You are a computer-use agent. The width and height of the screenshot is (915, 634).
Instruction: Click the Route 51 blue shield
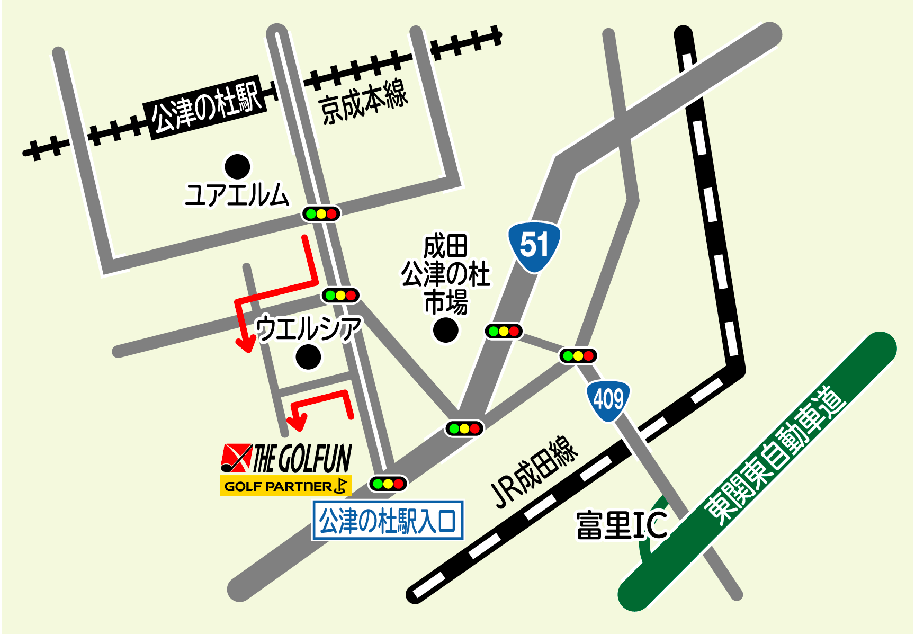[x=534, y=246]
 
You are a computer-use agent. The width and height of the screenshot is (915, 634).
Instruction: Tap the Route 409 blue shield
[x=608, y=400]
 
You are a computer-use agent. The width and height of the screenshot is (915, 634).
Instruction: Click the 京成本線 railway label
[x=364, y=102]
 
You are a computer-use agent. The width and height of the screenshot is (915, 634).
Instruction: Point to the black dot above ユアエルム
[x=237, y=167]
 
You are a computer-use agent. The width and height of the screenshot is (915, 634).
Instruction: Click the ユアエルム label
[x=237, y=195]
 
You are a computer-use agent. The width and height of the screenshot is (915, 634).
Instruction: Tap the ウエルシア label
[x=308, y=328]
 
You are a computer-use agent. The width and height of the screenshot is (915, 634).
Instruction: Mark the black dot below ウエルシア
[x=308, y=356]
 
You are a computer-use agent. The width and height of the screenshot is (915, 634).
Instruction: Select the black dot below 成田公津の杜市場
[x=445, y=330]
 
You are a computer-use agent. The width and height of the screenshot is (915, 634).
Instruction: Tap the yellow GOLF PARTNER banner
[x=285, y=486]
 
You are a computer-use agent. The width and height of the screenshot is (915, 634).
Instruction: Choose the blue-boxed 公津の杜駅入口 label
[x=388, y=520]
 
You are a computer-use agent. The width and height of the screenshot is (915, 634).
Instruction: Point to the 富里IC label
[x=622, y=525]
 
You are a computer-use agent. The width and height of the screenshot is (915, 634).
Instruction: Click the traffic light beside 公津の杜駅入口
[x=388, y=483]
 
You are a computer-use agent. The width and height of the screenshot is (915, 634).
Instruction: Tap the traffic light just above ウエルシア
[x=340, y=295]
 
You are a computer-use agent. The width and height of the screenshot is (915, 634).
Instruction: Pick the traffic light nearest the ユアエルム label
[x=321, y=214]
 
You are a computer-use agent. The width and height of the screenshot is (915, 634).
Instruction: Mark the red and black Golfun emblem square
[x=236, y=458]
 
